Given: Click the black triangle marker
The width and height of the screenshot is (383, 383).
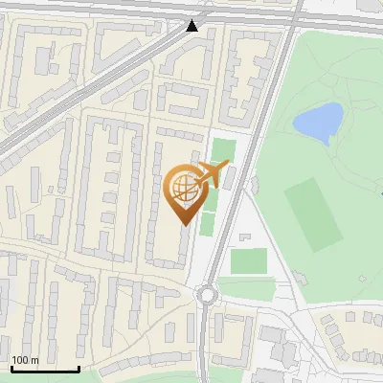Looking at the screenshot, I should [x=194, y=25].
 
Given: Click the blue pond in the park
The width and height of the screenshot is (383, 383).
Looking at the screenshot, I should [x=319, y=121].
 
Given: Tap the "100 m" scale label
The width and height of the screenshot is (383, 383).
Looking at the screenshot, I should [x=25, y=360].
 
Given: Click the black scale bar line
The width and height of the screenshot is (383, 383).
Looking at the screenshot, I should [x=44, y=370].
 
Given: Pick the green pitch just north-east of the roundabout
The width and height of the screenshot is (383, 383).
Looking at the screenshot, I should [x=248, y=260].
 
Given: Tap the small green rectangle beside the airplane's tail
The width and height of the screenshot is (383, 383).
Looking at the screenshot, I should [x=223, y=149].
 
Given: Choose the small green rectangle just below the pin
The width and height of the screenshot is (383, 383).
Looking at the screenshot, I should [x=207, y=224].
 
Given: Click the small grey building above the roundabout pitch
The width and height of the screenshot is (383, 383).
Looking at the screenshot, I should [x=244, y=236].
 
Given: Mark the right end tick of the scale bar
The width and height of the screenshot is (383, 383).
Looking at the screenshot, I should [x=79, y=367].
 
